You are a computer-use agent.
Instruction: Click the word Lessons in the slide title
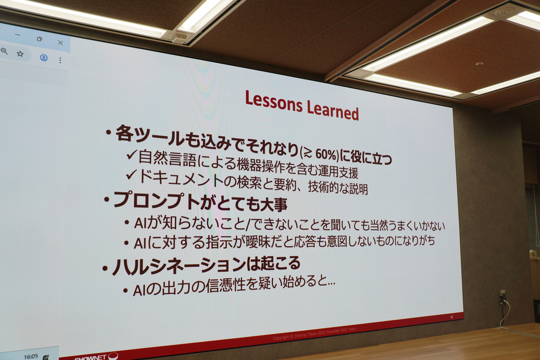[273, 102]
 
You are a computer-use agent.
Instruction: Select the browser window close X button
[60, 42]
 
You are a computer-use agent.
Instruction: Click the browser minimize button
[17, 36]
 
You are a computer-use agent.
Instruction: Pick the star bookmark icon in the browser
[20, 54]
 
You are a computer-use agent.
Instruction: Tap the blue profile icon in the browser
[44, 58]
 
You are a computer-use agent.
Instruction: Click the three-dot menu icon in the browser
[60, 60]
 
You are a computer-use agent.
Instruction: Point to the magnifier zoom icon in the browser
[4, 51]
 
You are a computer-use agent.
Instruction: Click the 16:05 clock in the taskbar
[31, 356]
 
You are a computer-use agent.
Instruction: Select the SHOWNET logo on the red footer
[94, 357]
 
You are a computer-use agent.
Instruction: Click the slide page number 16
[451, 317]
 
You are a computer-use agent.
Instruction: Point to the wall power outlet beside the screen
[503, 298]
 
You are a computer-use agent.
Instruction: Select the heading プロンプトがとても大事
[200, 201]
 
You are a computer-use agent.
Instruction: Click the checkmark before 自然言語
[131, 156]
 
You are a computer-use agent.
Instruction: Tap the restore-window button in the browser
[40, 39]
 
